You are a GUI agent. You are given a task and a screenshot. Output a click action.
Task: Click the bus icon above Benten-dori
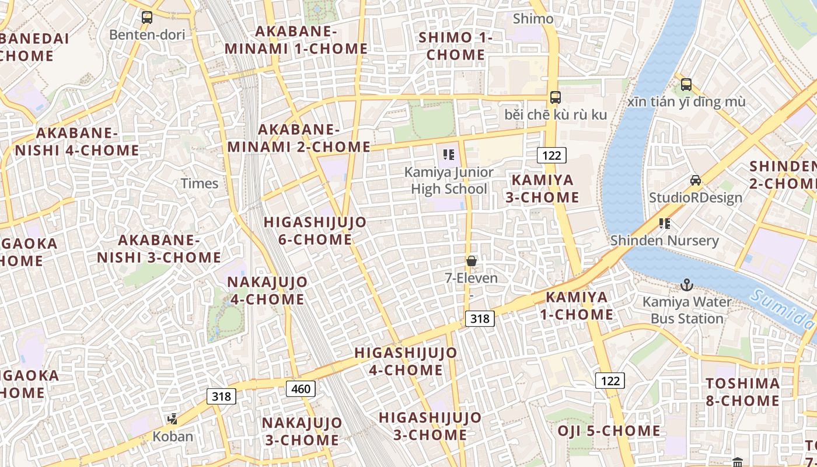146,18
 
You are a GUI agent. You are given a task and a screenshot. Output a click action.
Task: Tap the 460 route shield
301,389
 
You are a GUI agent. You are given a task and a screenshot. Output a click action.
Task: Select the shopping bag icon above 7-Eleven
472,261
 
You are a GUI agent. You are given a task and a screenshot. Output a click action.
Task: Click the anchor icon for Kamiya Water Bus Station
687,285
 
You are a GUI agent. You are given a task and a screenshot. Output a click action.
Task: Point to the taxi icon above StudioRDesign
695,180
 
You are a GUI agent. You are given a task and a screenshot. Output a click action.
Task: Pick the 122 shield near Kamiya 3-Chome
551,155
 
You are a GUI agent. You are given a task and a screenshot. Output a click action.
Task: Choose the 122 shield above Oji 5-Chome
610,381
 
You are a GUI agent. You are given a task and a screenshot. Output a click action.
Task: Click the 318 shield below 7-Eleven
480,318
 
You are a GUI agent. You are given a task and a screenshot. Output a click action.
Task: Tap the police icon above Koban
172,419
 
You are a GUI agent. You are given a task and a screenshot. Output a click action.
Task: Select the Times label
200,183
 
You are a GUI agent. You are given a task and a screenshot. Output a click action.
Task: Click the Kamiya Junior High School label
449,180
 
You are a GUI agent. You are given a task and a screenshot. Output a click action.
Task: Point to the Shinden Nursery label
664,241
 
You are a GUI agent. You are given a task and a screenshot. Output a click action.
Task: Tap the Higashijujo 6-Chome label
315,231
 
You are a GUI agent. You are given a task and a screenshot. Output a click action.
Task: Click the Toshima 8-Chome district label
742,392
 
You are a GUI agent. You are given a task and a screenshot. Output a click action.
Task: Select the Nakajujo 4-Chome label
267,291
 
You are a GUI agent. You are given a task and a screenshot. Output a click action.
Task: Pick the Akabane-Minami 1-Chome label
296,40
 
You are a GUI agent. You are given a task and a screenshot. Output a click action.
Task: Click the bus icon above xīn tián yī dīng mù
686,84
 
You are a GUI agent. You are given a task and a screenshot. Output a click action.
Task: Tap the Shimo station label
533,19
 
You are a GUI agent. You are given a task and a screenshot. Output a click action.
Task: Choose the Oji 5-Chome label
609,431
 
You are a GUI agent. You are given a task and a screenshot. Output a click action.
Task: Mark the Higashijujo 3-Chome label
430,426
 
